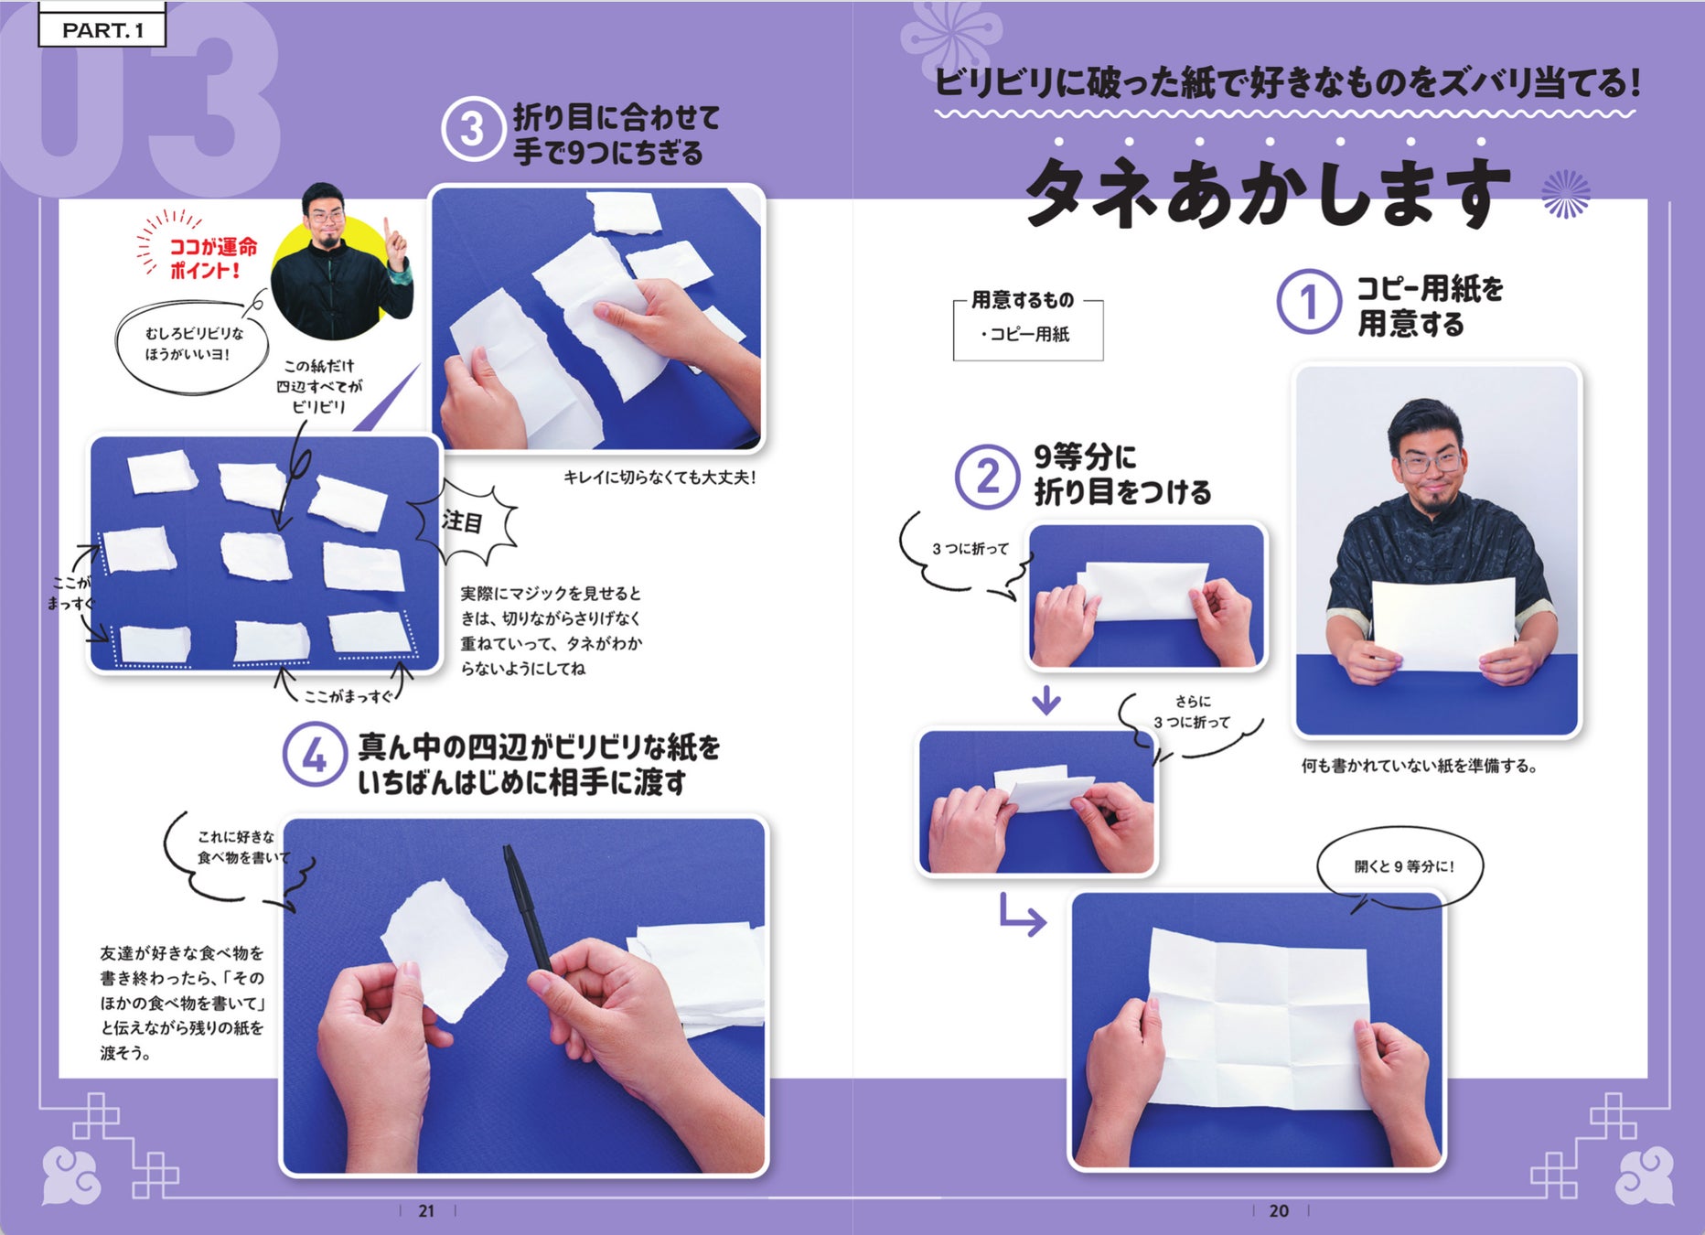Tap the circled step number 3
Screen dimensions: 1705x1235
pos(472,130)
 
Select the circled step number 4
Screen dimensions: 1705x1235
pos(315,756)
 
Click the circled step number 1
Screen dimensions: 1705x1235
pos(1309,302)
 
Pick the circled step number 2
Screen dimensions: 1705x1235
pos(988,477)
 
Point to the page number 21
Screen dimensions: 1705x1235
pos(426,1210)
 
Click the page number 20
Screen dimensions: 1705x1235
pos(1279,1210)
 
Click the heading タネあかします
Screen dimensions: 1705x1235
pos(1267,193)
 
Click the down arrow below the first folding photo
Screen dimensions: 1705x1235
pos(1046,701)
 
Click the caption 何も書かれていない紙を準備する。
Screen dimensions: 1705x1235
pos(1420,766)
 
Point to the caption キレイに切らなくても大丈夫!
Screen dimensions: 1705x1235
pos(659,478)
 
